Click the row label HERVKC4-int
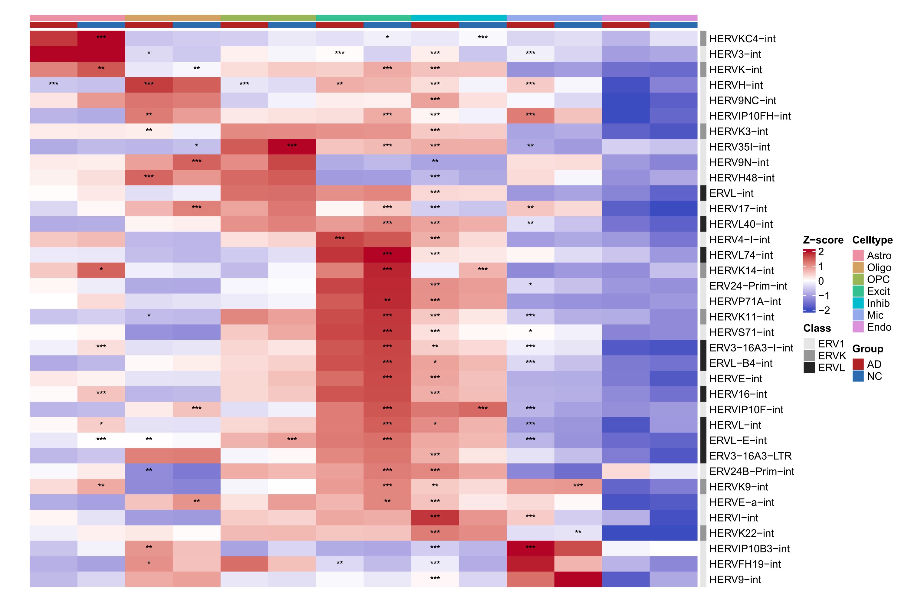click(x=742, y=39)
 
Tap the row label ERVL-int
click(x=731, y=193)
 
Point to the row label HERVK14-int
click(x=742, y=270)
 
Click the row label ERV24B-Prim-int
click(x=751, y=472)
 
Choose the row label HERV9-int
click(x=735, y=580)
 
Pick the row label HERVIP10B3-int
click(x=749, y=549)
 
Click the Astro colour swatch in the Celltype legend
click(x=858, y=255)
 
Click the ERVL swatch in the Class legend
click(x=809, y=367)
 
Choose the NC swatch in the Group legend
click(x=858, y=376)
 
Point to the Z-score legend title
click(x=823, y=240)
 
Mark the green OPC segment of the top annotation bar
click(x=268, y=18)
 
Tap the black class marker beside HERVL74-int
click(x=703, y=255)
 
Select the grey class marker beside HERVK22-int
click(x=703, y=533)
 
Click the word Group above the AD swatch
click(x=867, y=349)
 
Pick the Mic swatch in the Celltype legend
click(x=858, y=315)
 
